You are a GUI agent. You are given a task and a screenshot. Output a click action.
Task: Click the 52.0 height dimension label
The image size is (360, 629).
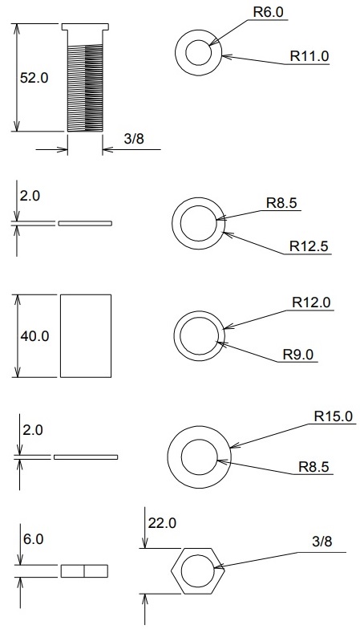pos(34,77)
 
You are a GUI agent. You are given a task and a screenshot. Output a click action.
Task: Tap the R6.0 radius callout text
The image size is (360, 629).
pos(268,12)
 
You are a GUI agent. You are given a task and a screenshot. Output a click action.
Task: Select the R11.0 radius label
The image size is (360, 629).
pos(309,56)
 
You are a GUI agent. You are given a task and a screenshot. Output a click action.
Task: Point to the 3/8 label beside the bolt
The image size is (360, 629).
pos(134,139)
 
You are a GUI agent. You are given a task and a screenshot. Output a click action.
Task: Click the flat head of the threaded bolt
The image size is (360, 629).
pos(85,27)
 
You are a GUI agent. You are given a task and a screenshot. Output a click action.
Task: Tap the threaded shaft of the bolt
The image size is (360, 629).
pos(85,88)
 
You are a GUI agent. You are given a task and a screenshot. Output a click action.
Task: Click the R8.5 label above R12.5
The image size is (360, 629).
pos(282,203)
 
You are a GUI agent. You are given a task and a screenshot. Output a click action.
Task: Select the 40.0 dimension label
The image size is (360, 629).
pos(34,335)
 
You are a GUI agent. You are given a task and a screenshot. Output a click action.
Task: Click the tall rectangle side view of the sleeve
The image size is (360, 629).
pos(86,335)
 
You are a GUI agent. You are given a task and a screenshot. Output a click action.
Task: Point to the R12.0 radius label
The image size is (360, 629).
pos(311,302)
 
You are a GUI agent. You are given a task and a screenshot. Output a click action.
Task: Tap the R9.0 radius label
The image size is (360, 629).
pos(298,355)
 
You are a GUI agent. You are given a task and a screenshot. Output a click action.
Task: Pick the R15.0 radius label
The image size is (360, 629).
pos(334,416)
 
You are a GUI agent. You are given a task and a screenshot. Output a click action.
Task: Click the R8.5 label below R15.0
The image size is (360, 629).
pos(313,467)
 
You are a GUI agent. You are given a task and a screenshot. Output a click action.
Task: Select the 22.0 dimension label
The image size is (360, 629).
pos(162,523)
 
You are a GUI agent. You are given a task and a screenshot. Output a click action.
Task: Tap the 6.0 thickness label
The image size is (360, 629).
pos(33,539)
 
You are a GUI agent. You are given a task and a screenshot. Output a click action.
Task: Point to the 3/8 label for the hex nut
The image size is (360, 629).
pos(322,542)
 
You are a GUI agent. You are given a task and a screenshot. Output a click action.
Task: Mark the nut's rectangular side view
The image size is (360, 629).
pos(84,571)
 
